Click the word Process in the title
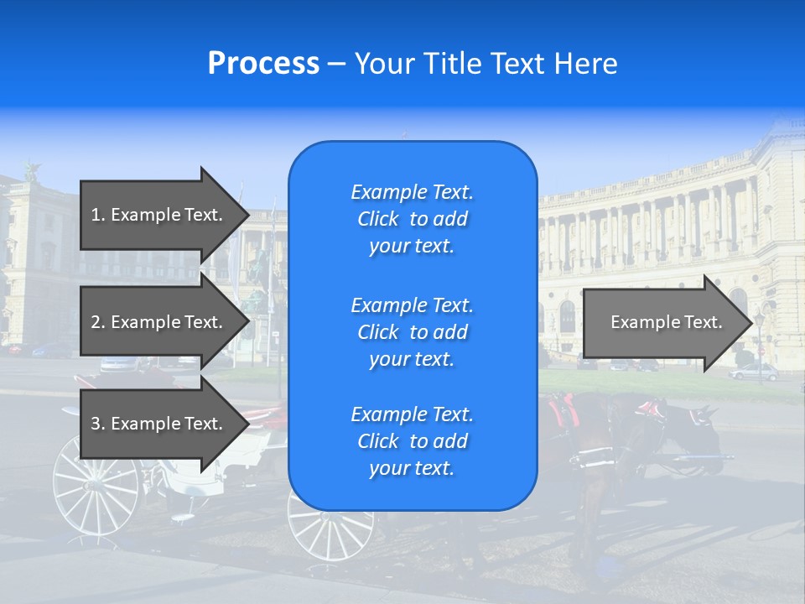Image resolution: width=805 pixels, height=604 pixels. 263,64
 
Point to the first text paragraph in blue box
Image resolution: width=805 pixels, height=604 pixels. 412,219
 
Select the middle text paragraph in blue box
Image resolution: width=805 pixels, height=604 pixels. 412,332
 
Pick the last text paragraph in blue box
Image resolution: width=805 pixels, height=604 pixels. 412,441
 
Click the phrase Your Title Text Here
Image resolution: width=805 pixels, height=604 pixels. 486,64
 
